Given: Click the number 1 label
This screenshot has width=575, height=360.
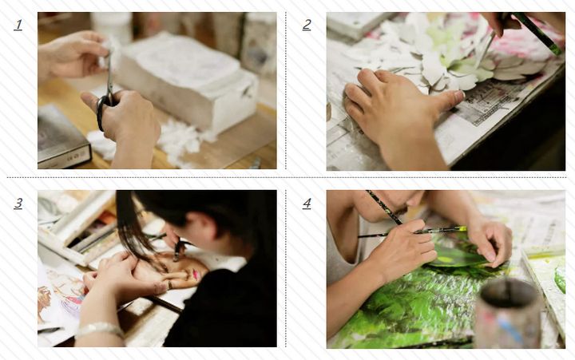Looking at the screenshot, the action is pos(18,25).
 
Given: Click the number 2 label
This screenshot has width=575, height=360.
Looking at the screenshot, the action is pos(307,25).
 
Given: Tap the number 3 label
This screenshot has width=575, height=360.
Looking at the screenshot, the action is pos(18,203).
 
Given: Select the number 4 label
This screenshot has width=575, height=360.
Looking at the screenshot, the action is pos(307,203).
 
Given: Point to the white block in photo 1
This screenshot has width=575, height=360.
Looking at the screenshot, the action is pos(186,80).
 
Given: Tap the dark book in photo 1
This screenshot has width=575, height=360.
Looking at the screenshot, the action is pos(61,137).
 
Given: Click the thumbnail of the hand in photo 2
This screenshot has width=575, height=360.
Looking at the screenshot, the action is pos(458,97).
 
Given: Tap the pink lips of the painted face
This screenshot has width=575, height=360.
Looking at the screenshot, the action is pos(195,275).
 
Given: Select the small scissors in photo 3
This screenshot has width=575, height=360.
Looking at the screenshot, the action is pos(178,248).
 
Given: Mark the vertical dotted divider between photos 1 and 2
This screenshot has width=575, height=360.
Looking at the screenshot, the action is pos(286,90).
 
